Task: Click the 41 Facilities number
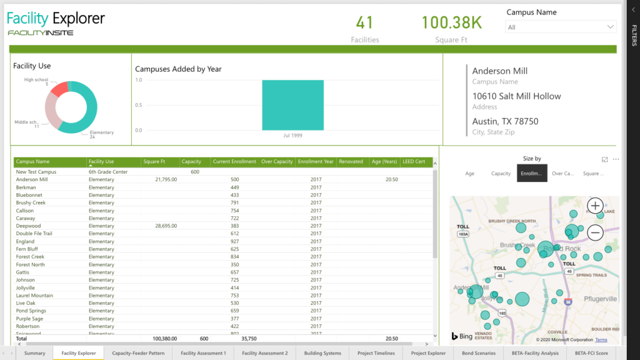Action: pos(364,23)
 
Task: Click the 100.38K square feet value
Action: pos(451,23)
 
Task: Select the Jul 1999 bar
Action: pos(292,105)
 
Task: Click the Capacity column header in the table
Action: pos(191,162)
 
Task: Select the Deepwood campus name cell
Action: pos(29,226)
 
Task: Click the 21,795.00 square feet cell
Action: pos(166,179)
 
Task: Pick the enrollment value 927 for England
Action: pos(234,241)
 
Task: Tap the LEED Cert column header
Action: pos(413,162)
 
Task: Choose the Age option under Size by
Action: pos(470,174)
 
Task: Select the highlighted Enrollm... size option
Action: pos(532,174)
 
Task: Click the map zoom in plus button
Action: pos(595,206)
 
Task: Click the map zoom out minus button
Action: pos(595,233)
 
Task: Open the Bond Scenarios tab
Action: pos(478,353)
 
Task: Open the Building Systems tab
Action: pos(322,353)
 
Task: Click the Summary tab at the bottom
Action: pos(34,353)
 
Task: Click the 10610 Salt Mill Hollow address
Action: pos(516,96)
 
